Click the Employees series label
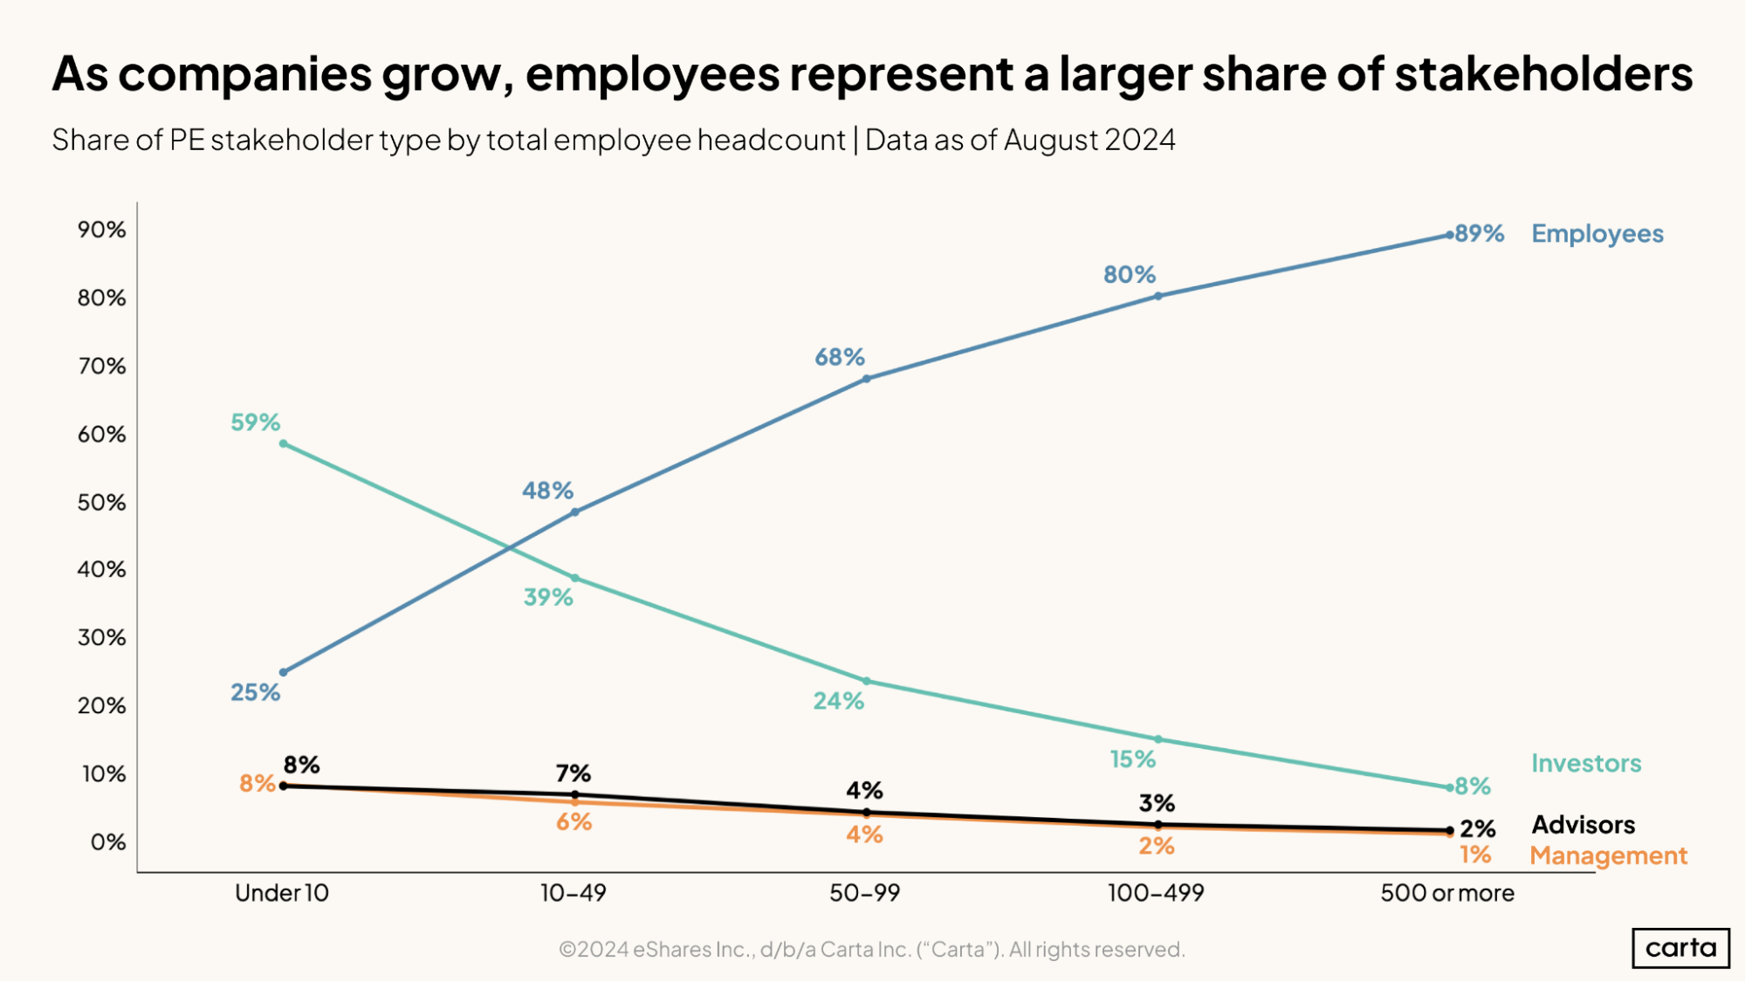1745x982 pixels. coord(1597,234)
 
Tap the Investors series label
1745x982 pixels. coord(1585,764)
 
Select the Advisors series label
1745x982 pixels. coord(1583,825)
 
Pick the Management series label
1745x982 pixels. coord(1608,856)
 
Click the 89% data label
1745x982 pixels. coord(1480,234)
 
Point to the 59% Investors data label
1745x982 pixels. coord(255,422)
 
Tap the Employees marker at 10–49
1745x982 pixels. coord(574,512)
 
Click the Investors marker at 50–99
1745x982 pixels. coord(866,681)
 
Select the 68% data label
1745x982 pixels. coord(839,357)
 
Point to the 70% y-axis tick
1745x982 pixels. coord(101,366)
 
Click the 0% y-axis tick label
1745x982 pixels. coord(108,842)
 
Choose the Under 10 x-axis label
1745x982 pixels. coord(281,893)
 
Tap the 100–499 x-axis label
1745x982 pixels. coord(1156,893)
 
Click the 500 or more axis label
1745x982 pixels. coord(1446,893)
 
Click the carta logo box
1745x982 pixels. coord(1680,948)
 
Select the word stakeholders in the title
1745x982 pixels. coord(1542,73)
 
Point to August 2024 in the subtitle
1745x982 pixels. coord(1089,140)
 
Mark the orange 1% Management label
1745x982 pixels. coord(1475,855)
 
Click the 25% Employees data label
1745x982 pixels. coord(255,693)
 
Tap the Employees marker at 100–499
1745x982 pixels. coord(1158,296)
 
